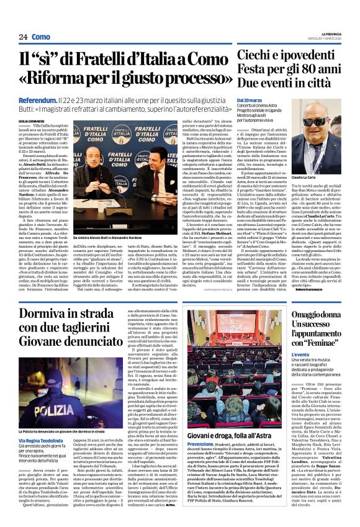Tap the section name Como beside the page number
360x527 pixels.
41,37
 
